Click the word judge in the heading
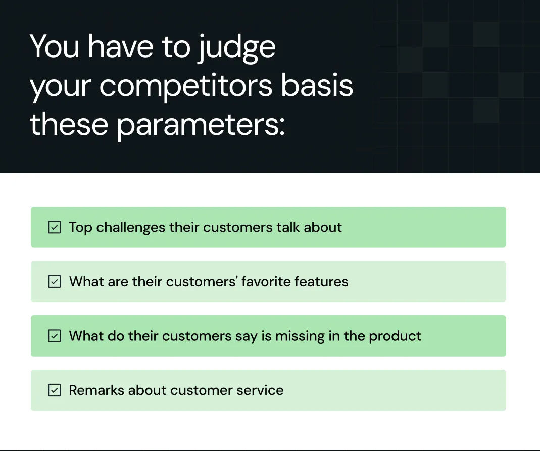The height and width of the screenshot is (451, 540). point(237,48)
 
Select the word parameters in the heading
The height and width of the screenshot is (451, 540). point(201,126)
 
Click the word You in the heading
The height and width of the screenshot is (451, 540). point(55,46)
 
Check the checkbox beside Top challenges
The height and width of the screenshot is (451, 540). point(55,227)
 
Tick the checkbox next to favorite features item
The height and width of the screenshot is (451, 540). point(55,282)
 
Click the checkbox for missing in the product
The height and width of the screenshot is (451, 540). point(55,336)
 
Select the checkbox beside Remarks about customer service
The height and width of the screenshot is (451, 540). point(55,390)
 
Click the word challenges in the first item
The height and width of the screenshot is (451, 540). point(130,228)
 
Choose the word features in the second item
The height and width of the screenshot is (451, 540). point(321,282)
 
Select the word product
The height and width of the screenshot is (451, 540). point(395,337)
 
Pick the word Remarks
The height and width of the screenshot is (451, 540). point(96,390)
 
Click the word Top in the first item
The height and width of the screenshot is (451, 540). point(81,228)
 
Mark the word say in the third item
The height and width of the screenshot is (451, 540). point(247,337)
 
